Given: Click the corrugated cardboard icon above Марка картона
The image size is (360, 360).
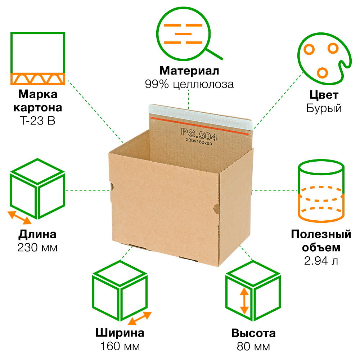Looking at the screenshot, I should click(x=37, y=58).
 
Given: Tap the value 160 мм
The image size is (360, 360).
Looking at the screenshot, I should click(x=120, y=346).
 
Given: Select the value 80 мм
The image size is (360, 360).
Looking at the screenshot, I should click(x=253, y=346).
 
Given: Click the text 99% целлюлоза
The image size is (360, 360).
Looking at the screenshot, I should click(x=189, y=84).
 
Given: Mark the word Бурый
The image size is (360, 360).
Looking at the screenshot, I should click(x=324, y=108).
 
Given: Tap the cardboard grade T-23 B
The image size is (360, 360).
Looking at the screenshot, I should click(x=37, y=121).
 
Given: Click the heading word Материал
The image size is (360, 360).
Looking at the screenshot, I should click(x=189, y=71).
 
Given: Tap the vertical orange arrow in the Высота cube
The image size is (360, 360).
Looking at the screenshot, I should click(x=244, y=301).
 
